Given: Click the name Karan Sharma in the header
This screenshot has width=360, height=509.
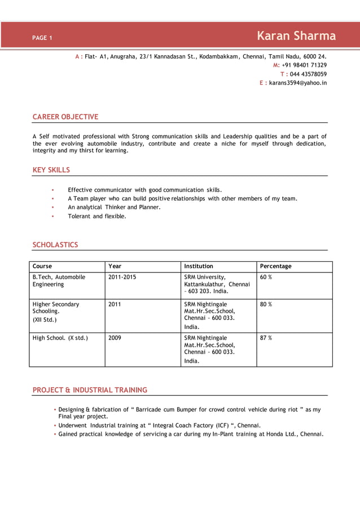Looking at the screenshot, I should (x=296, y=36).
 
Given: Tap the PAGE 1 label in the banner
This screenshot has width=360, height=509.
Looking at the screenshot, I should (x=42, y=38).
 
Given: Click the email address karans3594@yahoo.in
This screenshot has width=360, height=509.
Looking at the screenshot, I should (x=297, y=83).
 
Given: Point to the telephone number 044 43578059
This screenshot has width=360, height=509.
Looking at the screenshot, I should (x=308, y=74).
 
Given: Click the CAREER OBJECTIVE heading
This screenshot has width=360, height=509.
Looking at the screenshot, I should (x=65, y=117).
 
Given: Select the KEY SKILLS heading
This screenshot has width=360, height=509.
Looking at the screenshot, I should (x=51, y=170).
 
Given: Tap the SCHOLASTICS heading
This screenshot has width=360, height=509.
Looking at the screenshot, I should (x=55, y=245).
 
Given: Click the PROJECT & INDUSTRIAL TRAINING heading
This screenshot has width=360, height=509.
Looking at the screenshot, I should (x=90, y=390).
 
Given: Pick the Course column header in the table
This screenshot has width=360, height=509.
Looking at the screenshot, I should (x=42, y=266).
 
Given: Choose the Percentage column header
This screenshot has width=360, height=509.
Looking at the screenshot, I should (x=276, y=266).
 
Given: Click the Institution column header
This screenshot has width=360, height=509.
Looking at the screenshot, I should (x=199, y=266).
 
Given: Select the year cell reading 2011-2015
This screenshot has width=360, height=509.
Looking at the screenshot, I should (x=122, y=277).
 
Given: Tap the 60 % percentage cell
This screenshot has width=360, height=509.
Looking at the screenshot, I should (x=266, y=277).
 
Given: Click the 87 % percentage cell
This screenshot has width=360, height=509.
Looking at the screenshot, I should (x=266, y=338).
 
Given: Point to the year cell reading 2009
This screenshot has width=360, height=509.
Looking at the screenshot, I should (x=115, y=338).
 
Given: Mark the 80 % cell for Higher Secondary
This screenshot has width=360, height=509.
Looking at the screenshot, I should (x=266, y=304).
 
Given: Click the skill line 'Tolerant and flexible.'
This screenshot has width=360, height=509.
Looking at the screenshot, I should (x=97, y=216).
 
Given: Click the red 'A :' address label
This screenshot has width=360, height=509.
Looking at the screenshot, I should (x=79, y=56).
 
